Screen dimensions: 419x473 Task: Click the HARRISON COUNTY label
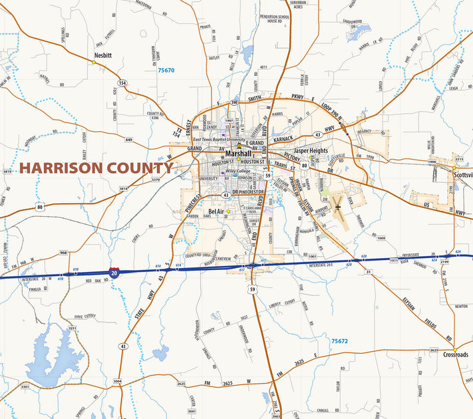pos(96,168)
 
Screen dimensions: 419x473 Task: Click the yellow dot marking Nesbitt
pos(94,63)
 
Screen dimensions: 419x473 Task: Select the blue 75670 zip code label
pos(166,70)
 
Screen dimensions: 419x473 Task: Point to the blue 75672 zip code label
pos(339,341)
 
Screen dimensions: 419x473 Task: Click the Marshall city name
pos(238,154)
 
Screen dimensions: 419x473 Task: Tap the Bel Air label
pos(216,211)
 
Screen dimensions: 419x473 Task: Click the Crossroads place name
pos(455,354)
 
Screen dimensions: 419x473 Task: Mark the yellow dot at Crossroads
pos(455,348)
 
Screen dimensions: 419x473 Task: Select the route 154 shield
pos(122,82)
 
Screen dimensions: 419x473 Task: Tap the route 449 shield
pos(128,140)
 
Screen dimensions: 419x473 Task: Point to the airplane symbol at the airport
pos(338,206)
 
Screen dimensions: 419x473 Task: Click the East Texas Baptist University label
pos(220,140)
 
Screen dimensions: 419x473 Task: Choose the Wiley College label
pos(237,171)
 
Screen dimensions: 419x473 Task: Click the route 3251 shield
pos(72,329)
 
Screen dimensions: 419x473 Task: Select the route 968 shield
pos(63,253)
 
